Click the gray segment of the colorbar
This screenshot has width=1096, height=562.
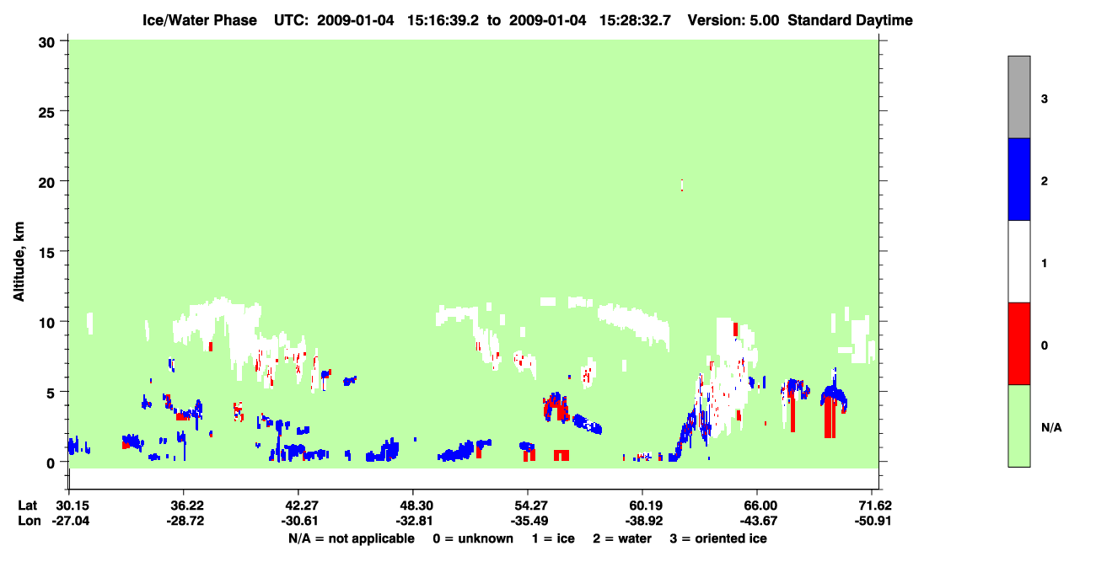[x=1018, y=97]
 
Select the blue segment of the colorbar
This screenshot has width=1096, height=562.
[x=1018, y=179]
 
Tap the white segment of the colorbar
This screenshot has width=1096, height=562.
[x=1018, y=261]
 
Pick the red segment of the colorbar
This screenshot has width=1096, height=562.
[x=1018, y=344]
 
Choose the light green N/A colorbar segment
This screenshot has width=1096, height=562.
[x=1018, y=426]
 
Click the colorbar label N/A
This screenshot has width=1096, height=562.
[x=1051, y=428]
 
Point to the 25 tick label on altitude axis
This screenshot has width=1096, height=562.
[x=46, y=113]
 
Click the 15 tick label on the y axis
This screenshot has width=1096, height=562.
[x=46, y=253]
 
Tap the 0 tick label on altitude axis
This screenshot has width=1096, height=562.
[x=51, y=463]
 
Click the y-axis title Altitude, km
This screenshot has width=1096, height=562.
[x=19, y=262]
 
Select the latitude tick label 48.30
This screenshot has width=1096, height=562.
[x=413, y=506]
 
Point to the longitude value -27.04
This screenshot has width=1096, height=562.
[x=71, y=521]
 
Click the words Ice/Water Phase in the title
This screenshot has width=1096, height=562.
[x=200, y=20]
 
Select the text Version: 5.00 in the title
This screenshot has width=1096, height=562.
[x=733, y=20]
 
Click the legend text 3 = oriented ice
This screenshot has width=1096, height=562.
[x=718, y=538]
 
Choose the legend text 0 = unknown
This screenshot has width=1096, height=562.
[x=473, y=538]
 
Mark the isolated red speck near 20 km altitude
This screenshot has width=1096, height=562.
[x=682, y=185]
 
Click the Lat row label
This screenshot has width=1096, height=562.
[x=27, y=506]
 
